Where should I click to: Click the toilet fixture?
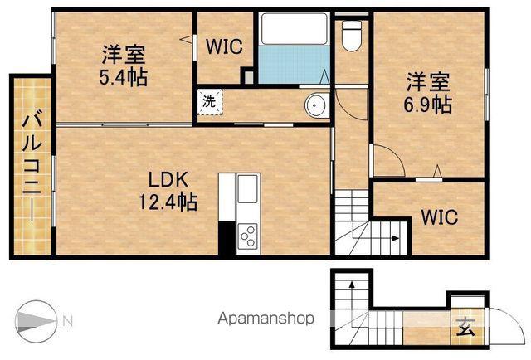(351, 36)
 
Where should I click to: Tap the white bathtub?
(295, 29)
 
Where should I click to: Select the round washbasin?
(317, 105)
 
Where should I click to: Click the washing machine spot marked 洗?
(210, 102)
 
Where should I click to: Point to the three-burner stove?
(247, 236)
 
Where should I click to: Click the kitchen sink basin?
(247, 189)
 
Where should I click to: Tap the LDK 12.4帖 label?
(168, 191)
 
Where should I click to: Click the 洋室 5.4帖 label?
(124, 66)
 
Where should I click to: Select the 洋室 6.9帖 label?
(428, 92)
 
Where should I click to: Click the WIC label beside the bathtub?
(224, 46)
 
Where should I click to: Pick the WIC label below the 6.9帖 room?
(439, 217)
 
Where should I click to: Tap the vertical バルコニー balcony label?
(32, 168)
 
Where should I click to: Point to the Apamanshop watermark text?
(265, 319)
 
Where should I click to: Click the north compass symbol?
(35, 321)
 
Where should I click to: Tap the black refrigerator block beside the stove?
(227, 238)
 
